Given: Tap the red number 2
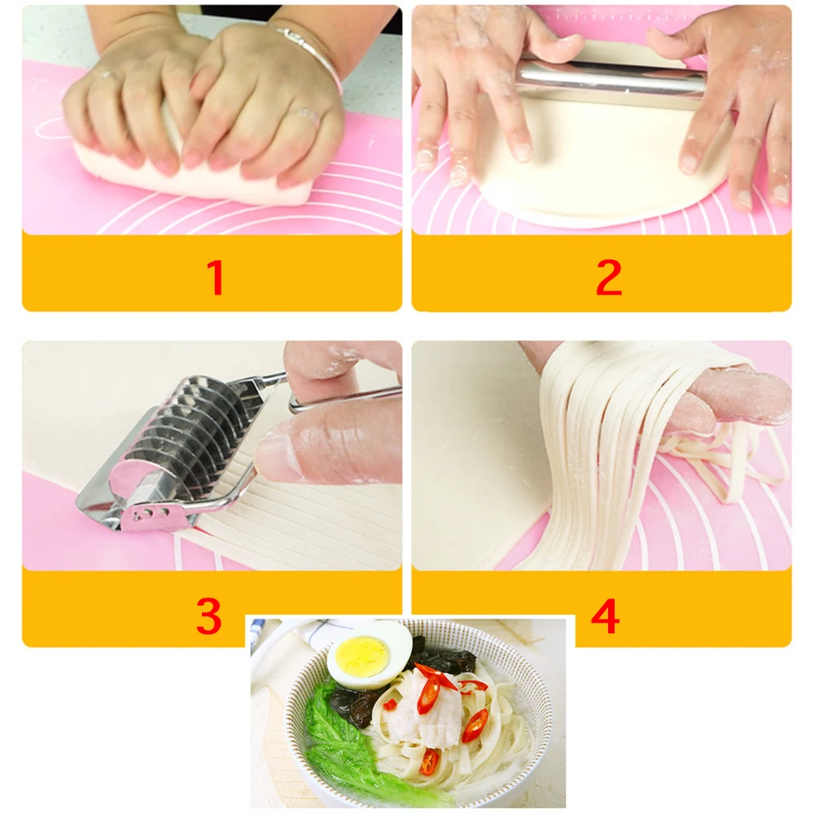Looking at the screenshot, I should pyautogui.click(x=609, y=278).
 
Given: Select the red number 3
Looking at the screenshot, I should pyautogui.click(x=208, y=616).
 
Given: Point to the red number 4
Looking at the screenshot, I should pyautogui.click(x=605, y=616).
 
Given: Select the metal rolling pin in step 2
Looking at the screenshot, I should pyautogui.click(x=610, y=77).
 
